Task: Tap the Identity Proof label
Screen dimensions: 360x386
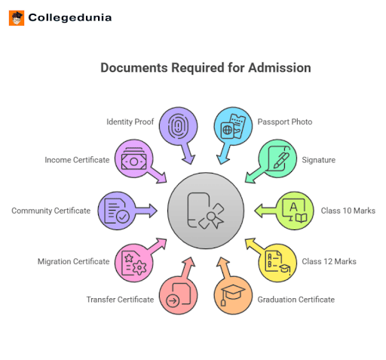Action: pyautogui.click(x=130, y=121)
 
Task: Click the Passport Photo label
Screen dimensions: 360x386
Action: pyautogui.click(x=285, y=121)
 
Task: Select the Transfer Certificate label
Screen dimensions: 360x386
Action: pyautogui.click(x=120, y=300)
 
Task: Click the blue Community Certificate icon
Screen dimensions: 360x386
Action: pyautogui.click(x=117, y=211)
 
